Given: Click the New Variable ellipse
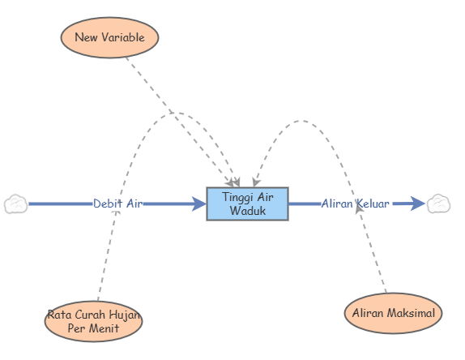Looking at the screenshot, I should pyautogui.click(x=109, y=36).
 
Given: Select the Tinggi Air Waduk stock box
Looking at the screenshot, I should pyautogui.click(x=247, y=204).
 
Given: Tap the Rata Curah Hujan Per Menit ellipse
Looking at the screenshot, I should pyautogui.click(x=93, y=321).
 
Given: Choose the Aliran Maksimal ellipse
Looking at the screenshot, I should pyautogui.click(x=393, y=313).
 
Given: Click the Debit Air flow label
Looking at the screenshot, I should pyautogui.click(x=117, y=204).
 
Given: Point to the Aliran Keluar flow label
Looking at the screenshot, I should pyautogui.click(x=355, y=204).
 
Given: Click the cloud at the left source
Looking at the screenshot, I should pyautogui.click(x=15, y=204).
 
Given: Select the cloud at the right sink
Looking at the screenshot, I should pyautogui.click(x=439, y=204).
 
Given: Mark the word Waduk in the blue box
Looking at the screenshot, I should pyautogui.click(x=247, y=211).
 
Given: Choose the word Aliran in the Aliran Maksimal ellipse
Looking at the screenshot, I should pyautogui.click(x=369, y=313).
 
